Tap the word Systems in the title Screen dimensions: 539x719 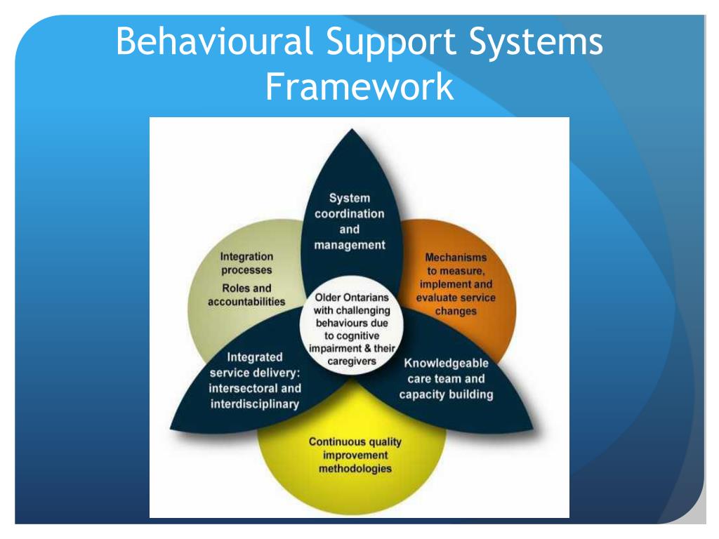tap(537, 42)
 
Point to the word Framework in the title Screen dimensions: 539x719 tap(359, 88)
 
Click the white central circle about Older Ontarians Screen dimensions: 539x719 tap(348, 329)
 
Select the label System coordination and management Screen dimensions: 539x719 tap(349, 221)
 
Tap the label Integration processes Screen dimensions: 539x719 tap(246, 263)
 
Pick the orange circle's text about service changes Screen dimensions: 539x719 tap(456, 284)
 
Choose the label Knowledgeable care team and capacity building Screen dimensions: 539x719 tap(446, 379)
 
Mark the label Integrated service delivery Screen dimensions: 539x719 tap(256, 380)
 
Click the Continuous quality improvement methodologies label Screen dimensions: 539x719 tap(355, 455)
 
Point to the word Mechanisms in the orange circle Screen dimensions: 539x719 tap(456, 258)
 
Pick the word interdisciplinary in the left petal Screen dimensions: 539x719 tap(256, 404)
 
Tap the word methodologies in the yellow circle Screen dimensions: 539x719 tap(355, 468)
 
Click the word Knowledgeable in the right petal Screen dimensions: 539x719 tap(446, 364)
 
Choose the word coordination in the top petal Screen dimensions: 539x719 tap(349, 213)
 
